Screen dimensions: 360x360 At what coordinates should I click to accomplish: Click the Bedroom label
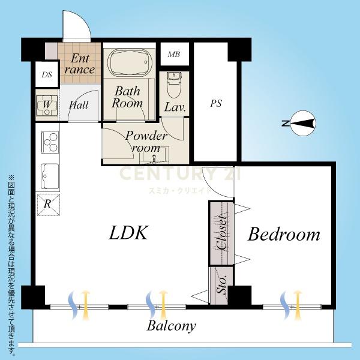[x=284, y=234]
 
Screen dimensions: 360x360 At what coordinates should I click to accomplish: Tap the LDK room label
[x=128, y=233]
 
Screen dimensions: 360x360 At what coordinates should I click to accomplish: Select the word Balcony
[x=171, y=326]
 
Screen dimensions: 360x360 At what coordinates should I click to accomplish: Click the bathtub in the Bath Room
[x=130, y=62]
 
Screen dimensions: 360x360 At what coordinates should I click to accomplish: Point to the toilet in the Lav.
[x=174, y=85]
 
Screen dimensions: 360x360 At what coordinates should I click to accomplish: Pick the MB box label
[x=174, y=55]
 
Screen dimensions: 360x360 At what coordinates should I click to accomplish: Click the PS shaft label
[x=216, y=104]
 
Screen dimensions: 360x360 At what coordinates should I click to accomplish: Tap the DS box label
[x=47, y=74]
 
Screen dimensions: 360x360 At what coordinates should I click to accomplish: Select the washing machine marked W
[x=47, y=105]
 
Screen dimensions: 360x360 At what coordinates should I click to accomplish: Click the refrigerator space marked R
[x=49, y=205]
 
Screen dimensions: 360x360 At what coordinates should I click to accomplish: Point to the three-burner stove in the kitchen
[x=50, y=142]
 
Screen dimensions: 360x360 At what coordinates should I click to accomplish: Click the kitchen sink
[x=50, y=176]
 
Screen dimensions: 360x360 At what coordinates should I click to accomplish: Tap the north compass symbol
[x=300, y=123]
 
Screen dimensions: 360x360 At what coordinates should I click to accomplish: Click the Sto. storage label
[x=221, y=284]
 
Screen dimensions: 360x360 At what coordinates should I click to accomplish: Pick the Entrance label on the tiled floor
[x=79, y=64]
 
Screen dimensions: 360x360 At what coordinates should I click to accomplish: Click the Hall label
[x=79, y=105]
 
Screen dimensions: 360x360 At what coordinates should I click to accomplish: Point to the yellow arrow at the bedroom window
[x=298, y=305]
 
